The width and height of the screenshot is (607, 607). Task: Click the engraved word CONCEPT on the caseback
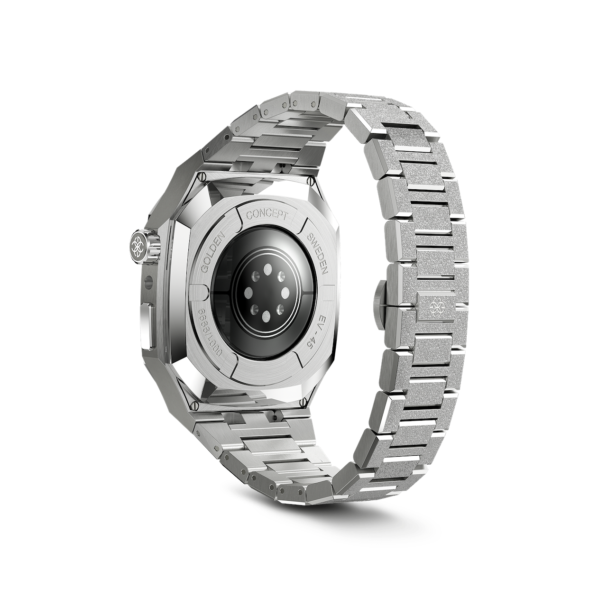[x=267, y=214]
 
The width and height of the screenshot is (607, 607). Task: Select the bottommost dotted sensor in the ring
[x=266, y=316]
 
